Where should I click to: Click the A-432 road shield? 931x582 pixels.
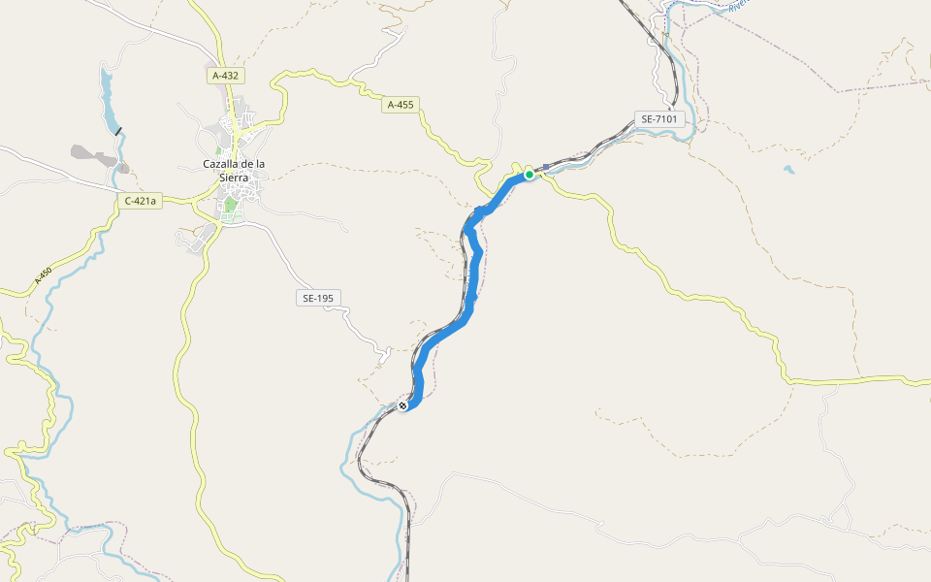coord(225,75)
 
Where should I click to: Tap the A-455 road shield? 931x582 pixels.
coord(401,104)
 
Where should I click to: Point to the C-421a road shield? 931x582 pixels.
coord(140,201)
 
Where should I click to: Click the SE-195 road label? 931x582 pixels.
coord(319,298)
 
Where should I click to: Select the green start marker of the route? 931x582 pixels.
coord(530,174)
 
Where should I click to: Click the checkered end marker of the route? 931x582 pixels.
coord(403,405)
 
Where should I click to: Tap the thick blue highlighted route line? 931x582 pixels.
coord(471,291)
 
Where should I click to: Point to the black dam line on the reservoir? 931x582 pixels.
coord(118,131)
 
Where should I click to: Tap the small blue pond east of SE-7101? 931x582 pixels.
coord(788,169)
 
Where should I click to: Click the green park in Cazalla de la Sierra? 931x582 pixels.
coord(230,205)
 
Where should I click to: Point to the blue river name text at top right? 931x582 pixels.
coord(739,5)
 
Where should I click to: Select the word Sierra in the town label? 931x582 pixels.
coord(234,178)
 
